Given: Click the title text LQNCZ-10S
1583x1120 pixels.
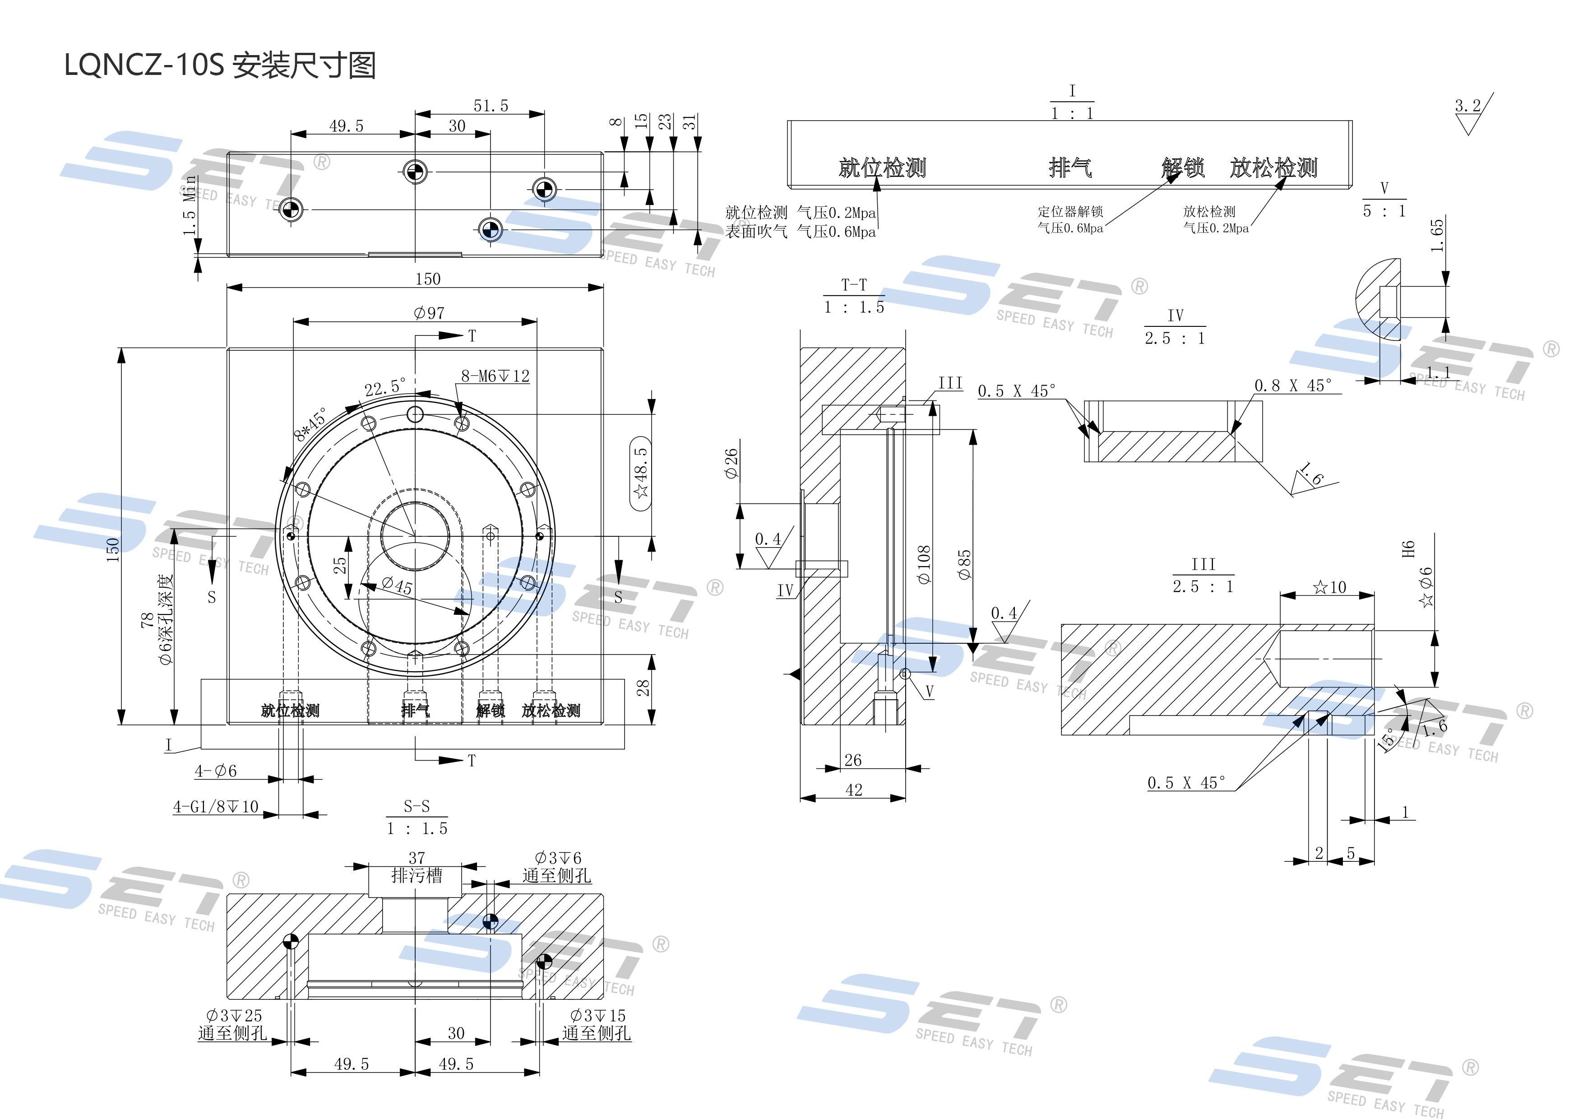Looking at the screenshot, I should [145, 65].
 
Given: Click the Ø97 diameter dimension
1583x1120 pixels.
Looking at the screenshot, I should [429, 313].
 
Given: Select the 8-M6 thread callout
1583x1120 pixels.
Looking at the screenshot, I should [495, 376].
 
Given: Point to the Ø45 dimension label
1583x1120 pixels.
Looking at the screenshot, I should [397, 586].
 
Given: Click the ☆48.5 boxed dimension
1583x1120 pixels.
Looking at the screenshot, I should [641, 473].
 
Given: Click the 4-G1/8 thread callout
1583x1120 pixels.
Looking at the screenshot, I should [216, 806].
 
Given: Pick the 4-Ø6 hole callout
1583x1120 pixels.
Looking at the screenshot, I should [216, 771].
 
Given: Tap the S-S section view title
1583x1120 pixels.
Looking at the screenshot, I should [417, 806].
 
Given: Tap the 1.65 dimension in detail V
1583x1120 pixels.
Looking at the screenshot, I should [1436, 236].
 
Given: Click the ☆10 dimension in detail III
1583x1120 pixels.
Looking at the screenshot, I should [1329, 587].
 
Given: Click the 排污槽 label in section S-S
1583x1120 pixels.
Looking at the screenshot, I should [417, 876].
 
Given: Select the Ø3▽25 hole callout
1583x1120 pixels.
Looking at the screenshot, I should [234, 1015].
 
